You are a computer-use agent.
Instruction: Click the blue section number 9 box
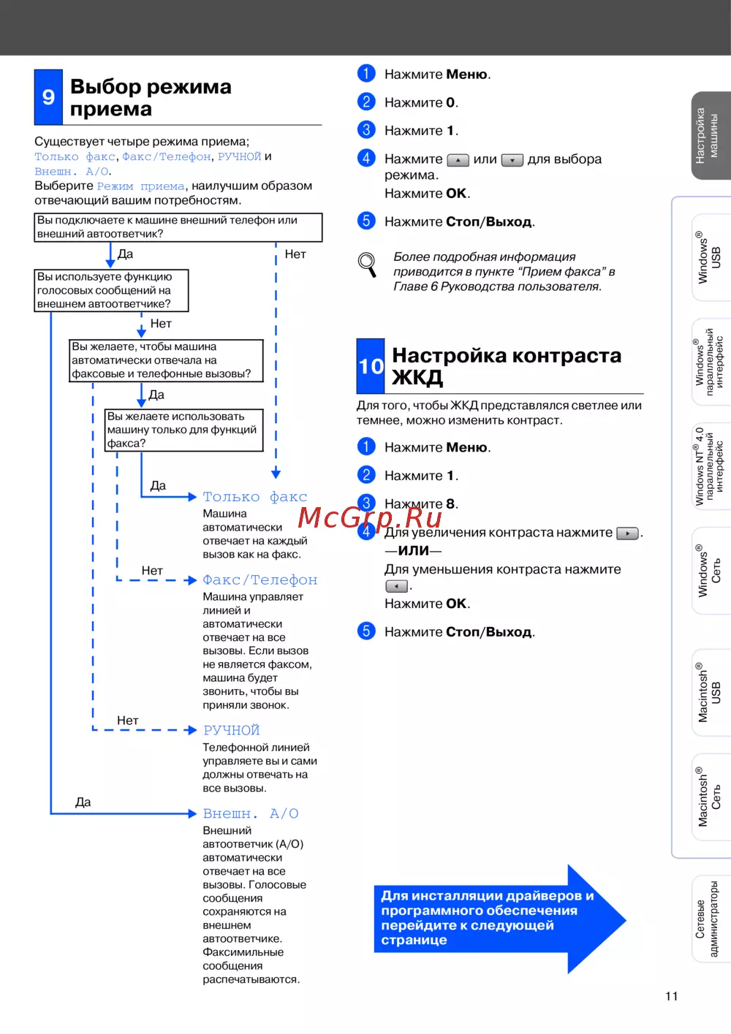pyautogui.click(x=48, y=97)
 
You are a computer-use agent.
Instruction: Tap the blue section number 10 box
pyautogui.click(x=371, y=366)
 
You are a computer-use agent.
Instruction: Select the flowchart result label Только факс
pyautogui.click(x=254, y=497)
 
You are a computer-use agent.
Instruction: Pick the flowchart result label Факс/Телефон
pyautogui.click(x=260, y=580)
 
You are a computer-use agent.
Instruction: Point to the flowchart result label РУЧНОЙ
pyautogui.click(x=231, y=730)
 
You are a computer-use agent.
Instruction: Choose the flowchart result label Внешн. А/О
pyautogui.click(x=250, y=813)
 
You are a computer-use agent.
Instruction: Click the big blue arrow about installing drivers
pyautogui.click(x=497, y=918)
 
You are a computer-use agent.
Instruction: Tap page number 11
pyautogui.click(x=672, y=996)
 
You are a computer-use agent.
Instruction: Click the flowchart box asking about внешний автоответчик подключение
pyautogui.click(x=178, y=227)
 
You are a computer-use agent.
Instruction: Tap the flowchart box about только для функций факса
pyautogui.click(x=183, y=430)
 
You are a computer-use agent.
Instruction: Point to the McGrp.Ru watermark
pyautogui.click(x=370, y=517)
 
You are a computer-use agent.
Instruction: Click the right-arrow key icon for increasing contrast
pyautogui.click(x=627, y=533)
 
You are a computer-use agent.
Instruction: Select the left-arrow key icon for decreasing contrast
pyautogui.click(x=396, y=586)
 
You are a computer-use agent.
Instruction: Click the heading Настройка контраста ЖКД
pyautogui.click(x=506, y=365)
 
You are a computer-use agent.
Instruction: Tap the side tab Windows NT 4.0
pyautogui.click(x=709, y=466)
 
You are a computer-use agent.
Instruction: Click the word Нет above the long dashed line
pyautogui.click(x=295, y=254)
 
